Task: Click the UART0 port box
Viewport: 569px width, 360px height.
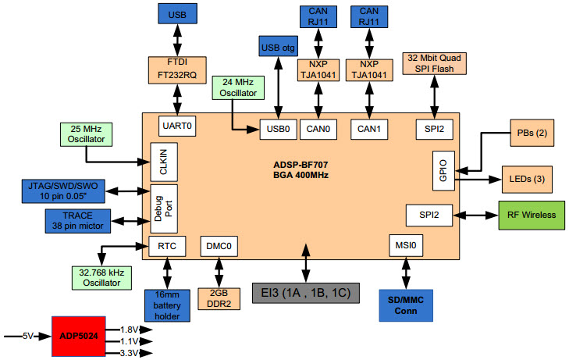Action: click(177, 126)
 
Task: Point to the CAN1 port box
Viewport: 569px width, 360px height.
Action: click(367, 127)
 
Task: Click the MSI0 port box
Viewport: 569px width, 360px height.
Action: click(404, 247)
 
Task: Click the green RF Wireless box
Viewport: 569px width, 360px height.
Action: click(531, 215)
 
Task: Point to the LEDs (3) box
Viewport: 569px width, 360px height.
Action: click(528, 179)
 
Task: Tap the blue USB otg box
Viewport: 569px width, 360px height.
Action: click(278, 46)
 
